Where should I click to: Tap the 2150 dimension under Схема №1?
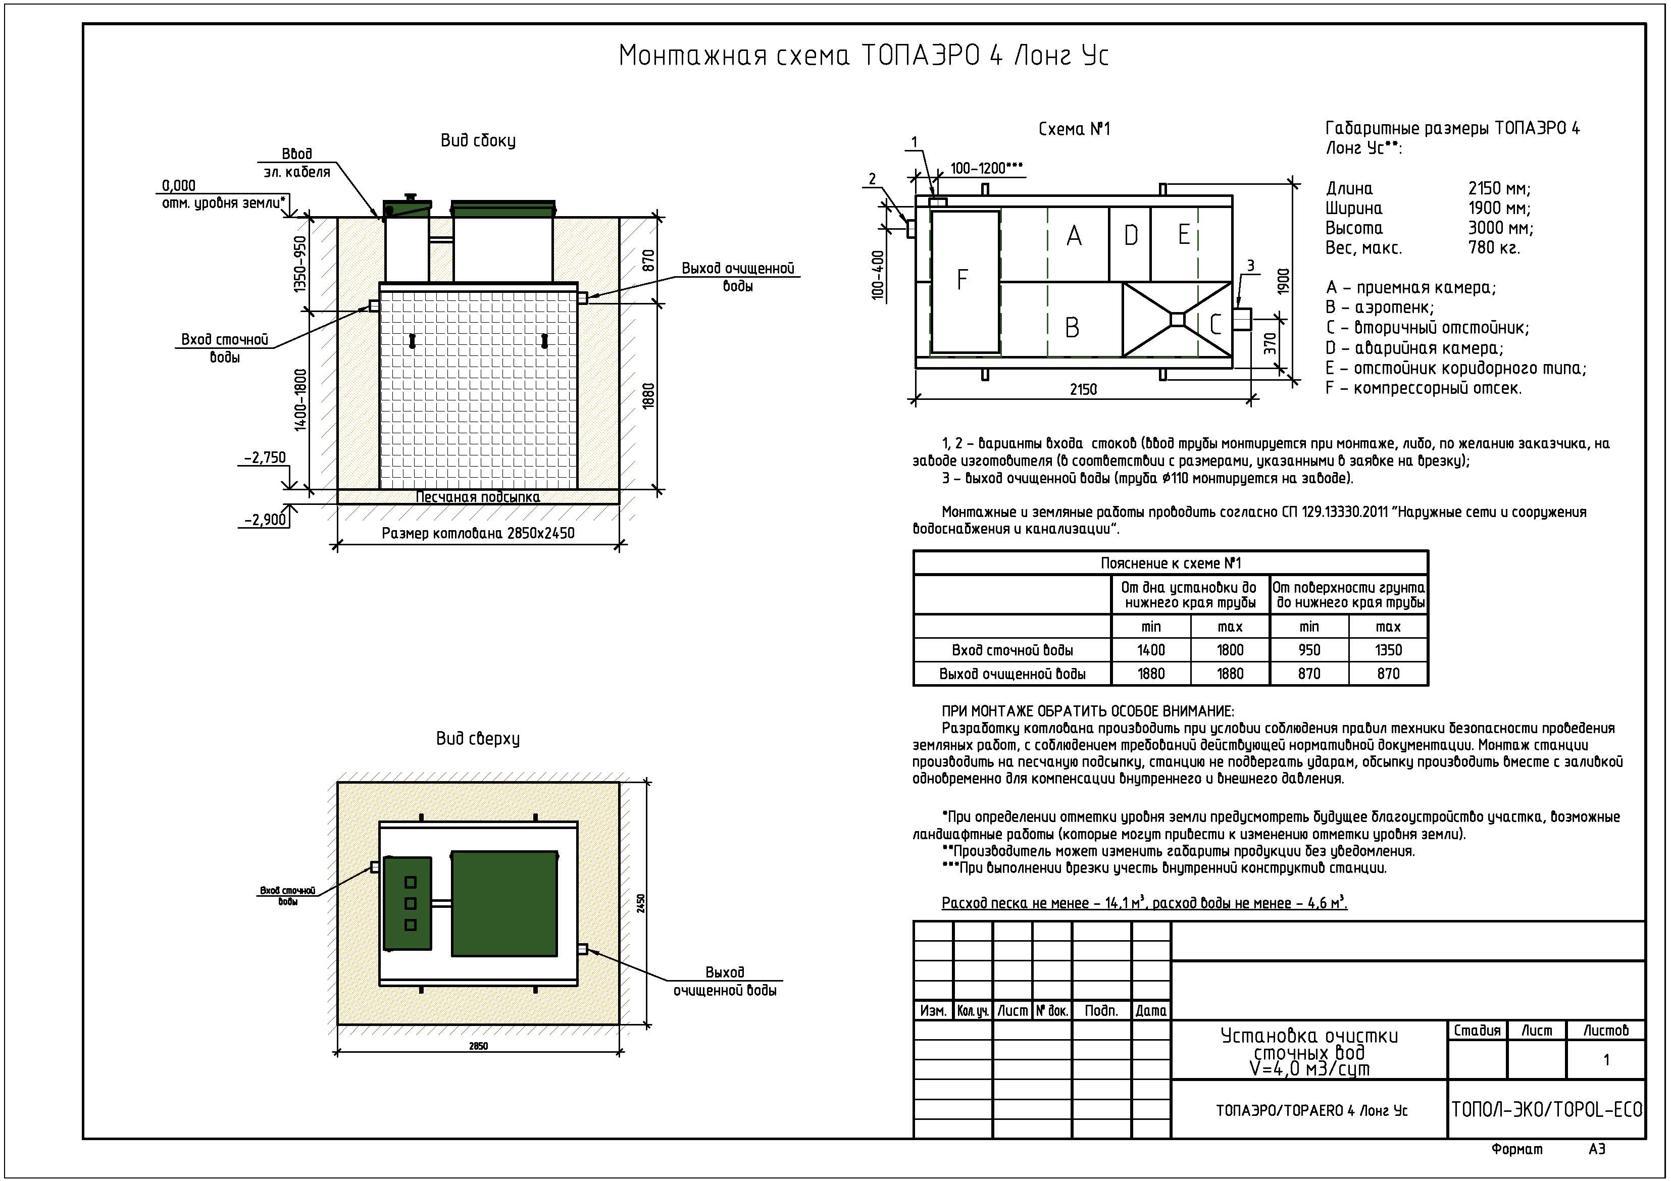point(1083,390)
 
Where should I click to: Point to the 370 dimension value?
point(1270,343)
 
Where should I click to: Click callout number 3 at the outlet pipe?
point(1251,266)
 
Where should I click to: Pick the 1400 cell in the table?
point(1151,650)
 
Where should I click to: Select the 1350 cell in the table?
point(1388,650)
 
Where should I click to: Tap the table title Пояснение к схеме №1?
point(1170,563)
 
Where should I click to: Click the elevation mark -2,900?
point(265,520)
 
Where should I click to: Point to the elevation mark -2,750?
point(265,457)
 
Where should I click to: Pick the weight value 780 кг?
point(1493,248)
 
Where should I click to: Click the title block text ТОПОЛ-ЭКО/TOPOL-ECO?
point(1547,1110)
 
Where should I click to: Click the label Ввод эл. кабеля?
point(296,163)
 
